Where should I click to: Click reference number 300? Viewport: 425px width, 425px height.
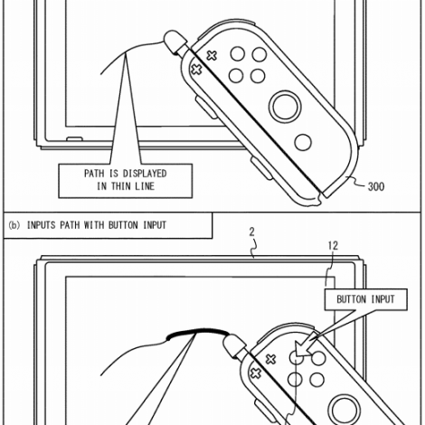[376, 186]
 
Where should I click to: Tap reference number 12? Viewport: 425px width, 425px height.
[333, 246]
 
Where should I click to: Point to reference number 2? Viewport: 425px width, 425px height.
[251, 231]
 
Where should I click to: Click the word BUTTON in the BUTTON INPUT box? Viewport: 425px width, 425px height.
[351, 299]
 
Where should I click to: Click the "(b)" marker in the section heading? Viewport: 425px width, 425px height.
[14, 225]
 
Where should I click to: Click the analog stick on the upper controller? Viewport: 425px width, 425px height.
[285, 107]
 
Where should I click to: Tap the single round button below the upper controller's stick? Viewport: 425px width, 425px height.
[303, 142]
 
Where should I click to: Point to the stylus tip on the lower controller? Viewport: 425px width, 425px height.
[234, 346]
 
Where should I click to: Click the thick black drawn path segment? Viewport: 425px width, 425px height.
[197, 332]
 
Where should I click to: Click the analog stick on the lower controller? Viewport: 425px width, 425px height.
[344, 411]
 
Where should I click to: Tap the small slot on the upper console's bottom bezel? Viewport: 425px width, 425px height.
[74, 139]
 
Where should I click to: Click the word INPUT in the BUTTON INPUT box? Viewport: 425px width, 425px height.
[382, 299]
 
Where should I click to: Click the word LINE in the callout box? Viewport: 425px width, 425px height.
[145, 186]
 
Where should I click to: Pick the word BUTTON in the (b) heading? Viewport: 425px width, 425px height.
[123, 225]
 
